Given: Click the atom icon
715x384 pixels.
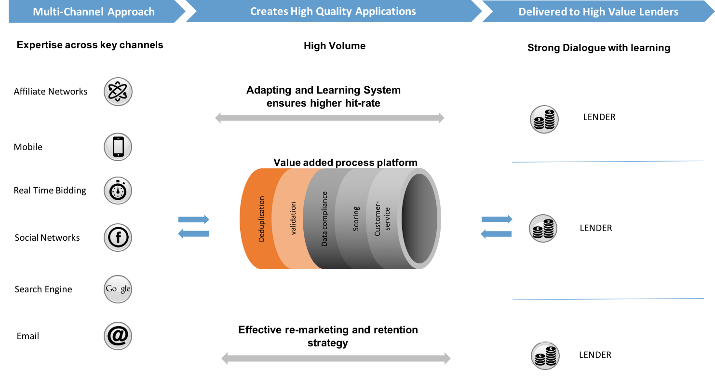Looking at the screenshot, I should point(118,92).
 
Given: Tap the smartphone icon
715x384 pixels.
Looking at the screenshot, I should point(118,147).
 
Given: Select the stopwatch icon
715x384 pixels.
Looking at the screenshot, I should point(118,191).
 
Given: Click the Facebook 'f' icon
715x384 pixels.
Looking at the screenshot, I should point(118,237).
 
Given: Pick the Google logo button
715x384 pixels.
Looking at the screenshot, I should point(118,289).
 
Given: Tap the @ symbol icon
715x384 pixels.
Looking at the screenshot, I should point(118,335).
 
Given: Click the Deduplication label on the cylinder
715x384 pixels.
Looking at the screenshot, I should point(261,219).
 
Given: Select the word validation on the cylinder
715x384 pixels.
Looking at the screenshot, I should point(293,219).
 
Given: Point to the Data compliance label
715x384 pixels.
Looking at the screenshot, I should point(324,219).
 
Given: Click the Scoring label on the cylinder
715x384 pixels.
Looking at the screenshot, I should point(356,219).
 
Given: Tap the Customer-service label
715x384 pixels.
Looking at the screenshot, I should point(382,219).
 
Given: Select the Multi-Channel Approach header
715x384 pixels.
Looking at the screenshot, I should point(94,12).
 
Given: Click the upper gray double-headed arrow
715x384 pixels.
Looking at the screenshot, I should point(330,118).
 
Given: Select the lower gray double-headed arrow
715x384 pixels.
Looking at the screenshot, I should point(336,358).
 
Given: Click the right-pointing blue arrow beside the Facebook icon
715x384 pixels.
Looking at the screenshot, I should point(194,219).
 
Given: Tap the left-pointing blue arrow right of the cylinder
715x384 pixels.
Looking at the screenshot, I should point(497,234).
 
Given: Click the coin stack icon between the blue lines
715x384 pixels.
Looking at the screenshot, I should point(543,228).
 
